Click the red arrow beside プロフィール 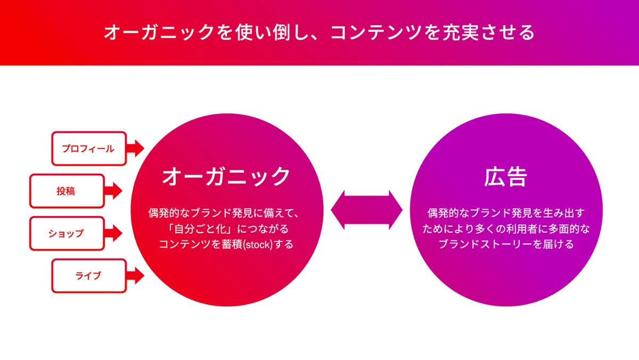click(x=135, y=149)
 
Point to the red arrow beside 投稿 click(x=113, y=191)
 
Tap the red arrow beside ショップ click(x=113, y=233)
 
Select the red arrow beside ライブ click(x=135, y=276)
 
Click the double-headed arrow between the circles click(x=366, y=210)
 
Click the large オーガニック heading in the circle click(x=226, y=177)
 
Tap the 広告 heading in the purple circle click(x=506, y=177)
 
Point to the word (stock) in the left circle click(x=258, y=245)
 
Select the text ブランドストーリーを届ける click(x=506, y=244)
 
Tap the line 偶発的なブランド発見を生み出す click(x=506, y=213)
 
